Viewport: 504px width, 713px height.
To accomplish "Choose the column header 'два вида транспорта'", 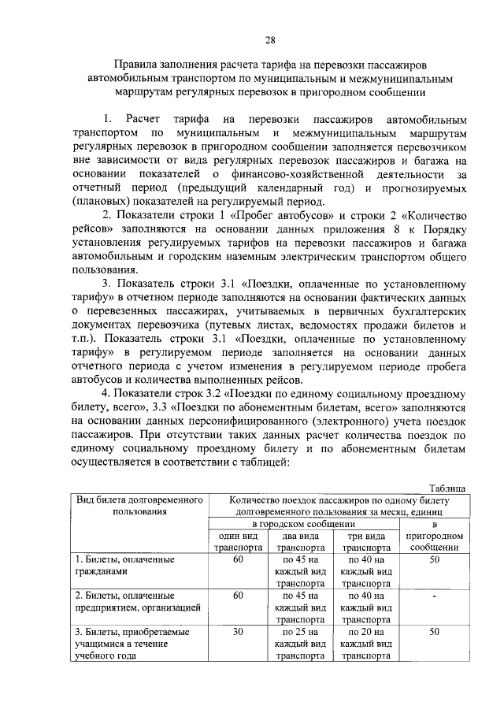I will coord(298,540).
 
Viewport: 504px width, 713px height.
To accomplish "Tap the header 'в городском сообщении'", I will coord(302,523).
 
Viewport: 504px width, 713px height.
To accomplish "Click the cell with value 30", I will coord(237,632).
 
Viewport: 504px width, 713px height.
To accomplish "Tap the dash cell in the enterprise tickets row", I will coord(433,596).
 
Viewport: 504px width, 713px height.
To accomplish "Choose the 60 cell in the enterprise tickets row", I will coord(237,596).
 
